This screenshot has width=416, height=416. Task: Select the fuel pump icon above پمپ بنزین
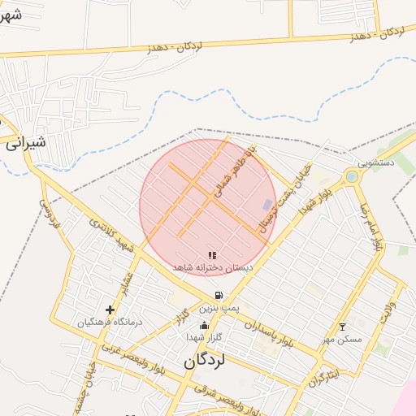coord(219,296)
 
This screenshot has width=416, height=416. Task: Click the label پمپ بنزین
coord(220,310)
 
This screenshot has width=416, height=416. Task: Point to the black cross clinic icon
coord(110,310)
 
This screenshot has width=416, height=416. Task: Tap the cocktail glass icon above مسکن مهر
coord(342,327)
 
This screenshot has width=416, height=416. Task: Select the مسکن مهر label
coord(342,339)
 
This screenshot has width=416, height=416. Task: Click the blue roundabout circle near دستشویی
coord(351,175)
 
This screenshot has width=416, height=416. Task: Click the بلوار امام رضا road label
coord(376,227)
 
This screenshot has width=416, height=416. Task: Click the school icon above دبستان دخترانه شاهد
coord(212,255)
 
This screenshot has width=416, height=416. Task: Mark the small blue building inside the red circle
coord(268,205)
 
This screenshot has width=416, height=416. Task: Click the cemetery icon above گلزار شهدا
coord(203,326)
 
